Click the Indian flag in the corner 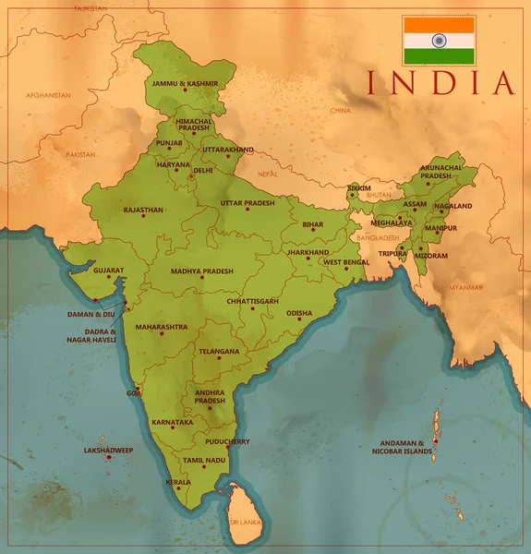coord(439,41)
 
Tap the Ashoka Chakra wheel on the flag coord(439,41)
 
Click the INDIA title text coord(440,82)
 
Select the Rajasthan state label coord(143,210)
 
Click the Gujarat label coord(108,271)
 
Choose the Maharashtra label coord(161,327)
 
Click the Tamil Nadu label coord(203,459)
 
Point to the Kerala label coord(178,481)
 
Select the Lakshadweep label coord(108,451)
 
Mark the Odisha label coord(299,313)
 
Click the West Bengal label coord(345,262)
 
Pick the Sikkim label coord(358,187)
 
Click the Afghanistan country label coord(49,95)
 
